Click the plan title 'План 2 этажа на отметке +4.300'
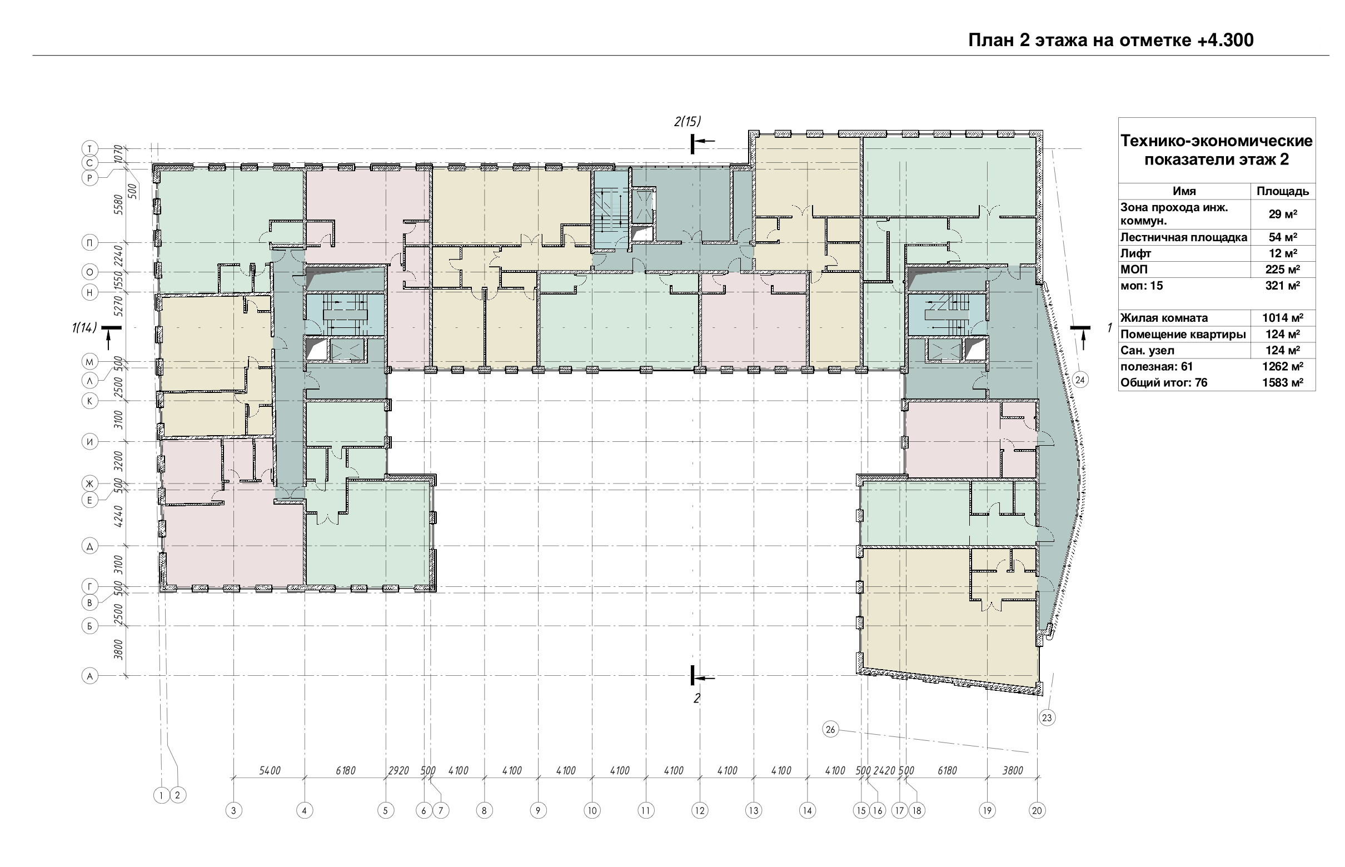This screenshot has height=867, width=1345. point(1111,40)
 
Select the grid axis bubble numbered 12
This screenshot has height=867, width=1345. point(699,811)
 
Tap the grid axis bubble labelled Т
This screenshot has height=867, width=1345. point(90,148)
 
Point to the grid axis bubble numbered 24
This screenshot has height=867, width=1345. point(1080,380)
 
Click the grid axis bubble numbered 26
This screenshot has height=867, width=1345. point(830,730)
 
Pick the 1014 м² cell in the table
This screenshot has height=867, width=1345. point(1282,318)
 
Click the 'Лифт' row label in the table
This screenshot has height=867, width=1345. point(1135,253)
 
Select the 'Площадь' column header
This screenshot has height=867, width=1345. point(1283,191)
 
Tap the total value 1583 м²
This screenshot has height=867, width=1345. point(1282,383)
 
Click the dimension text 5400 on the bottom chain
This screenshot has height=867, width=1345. point(270,771)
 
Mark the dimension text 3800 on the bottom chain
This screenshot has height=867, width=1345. point(1012,771)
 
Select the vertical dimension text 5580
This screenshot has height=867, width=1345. point(118,205)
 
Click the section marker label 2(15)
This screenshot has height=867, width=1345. point(688,121)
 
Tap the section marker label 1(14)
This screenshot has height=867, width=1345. point(84,327)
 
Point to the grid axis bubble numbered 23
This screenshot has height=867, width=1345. point(1047,718)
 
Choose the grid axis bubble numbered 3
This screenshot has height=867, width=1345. point(233,811)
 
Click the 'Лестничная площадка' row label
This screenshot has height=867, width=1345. point(1183,237)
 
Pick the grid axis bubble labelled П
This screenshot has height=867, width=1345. point(90,243)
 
